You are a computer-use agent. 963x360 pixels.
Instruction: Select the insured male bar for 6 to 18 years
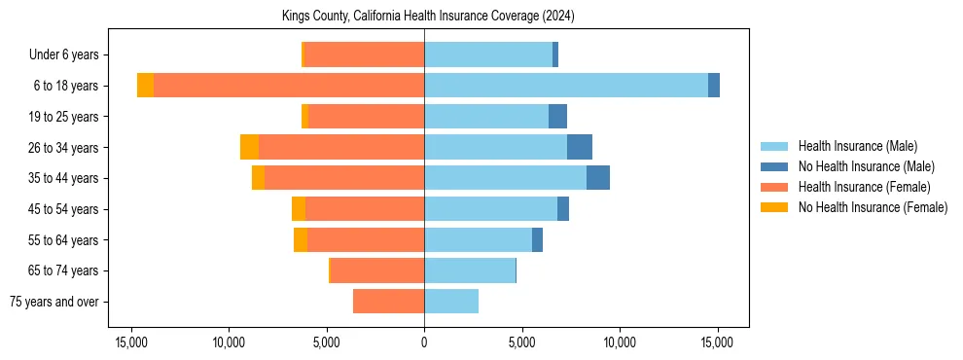(566, 86)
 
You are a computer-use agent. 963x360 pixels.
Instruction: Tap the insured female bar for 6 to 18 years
(289, 86)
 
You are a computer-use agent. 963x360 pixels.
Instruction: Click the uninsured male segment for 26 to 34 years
(580, 147)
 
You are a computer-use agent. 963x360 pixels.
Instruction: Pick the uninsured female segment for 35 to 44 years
(258, 178)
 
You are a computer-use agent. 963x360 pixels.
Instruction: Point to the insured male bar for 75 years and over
(451, 302)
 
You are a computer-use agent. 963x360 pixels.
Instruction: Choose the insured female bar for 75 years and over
(389, 302)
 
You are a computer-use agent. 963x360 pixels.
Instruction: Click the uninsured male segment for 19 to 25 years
(557, 117)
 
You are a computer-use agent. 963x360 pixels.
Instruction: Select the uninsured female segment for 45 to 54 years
(299, 209)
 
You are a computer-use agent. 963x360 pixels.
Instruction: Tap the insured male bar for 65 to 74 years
(470, 270)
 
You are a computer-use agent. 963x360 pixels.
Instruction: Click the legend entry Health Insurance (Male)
(857, 146)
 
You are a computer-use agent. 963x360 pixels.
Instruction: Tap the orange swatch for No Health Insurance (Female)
(774, 207)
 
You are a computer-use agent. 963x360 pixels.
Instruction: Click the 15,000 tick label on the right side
(718, 342)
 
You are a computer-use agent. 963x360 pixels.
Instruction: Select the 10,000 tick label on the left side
(229, 342)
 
